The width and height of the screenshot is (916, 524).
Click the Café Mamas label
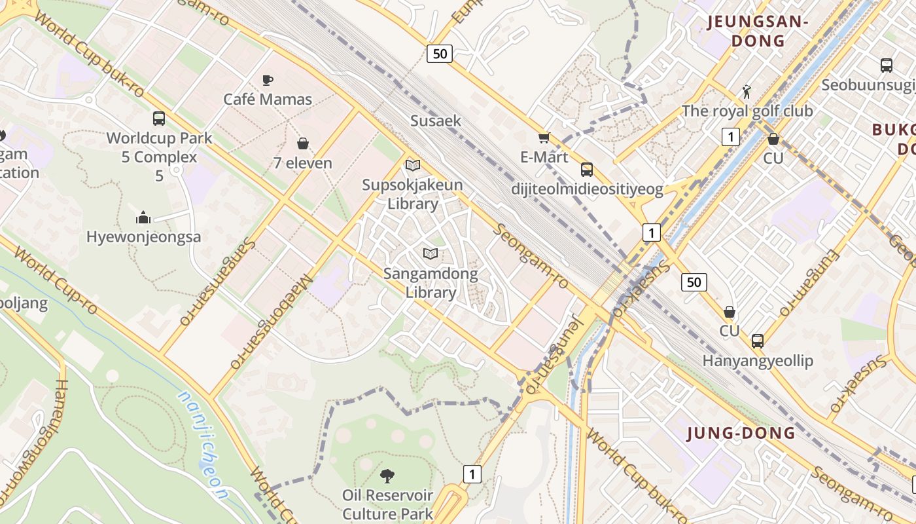[x=268, y=100]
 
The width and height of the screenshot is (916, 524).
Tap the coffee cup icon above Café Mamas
[x=267, y=80]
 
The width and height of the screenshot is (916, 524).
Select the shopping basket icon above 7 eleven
[x=303, y=143]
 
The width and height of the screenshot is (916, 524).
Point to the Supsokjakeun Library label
[x=412, y=194]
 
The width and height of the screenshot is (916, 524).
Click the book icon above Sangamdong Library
[x=430, y=253]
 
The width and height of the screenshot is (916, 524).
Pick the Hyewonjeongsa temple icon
[x=143, y=217]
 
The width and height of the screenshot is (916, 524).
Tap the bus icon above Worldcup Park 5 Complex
[x=159, y=119]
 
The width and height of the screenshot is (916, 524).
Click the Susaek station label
[x=436, y=121]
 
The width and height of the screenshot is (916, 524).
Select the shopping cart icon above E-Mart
[x=544, y=138]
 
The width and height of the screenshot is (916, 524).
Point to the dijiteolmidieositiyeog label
[x=587, y=190]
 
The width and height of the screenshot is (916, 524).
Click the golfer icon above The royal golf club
[x=747, y=91]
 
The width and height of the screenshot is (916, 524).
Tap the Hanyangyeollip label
[x=758, y=361]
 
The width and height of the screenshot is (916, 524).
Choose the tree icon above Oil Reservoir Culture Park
[x=387, y=476]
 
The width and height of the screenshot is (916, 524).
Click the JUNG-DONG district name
[x=741, y=433]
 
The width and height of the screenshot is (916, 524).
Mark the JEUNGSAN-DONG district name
[x=758, y=31]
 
